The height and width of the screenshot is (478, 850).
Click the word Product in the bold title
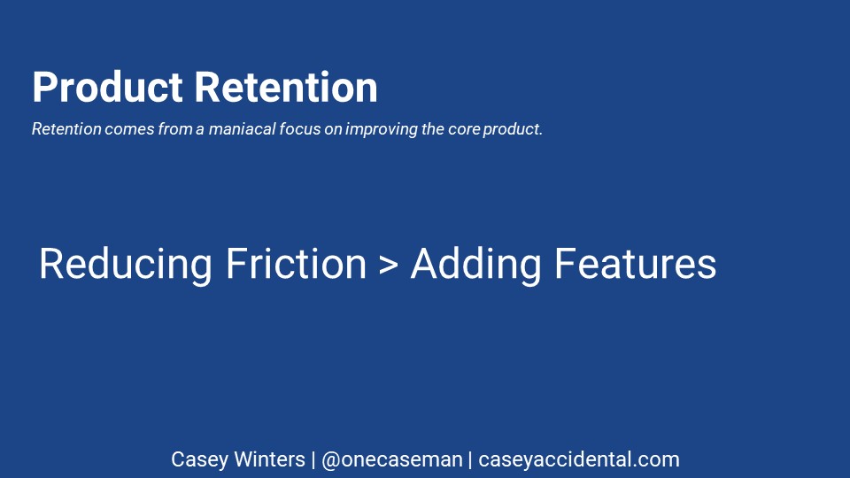[107, 87]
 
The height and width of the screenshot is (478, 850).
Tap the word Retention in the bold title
[286, 87]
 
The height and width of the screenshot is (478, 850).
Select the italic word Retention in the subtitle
[66, 129]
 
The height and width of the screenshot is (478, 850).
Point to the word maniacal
[243, 129]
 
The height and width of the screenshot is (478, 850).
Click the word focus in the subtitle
[300, 129]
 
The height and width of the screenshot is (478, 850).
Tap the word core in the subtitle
[464, 129]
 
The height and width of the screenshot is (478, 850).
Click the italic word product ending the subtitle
[513, 129]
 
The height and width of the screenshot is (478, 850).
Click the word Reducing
[125, 265]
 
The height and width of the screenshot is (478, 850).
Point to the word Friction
[297, 264]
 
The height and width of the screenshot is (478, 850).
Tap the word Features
[636, 264]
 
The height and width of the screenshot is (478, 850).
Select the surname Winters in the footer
[270, 459]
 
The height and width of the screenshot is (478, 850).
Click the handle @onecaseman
[392, 460]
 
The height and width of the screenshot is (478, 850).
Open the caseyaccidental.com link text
[579, 460]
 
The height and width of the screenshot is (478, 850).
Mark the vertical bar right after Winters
[313, 460]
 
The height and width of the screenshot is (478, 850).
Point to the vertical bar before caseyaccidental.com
[470, 460]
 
